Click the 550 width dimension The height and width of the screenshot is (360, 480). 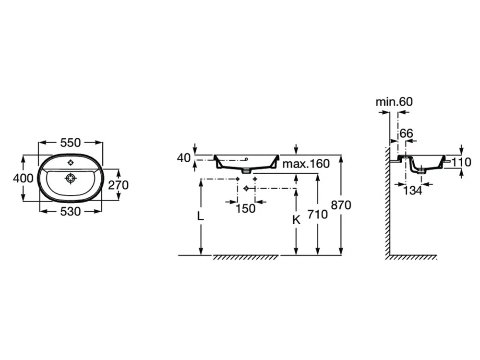pos(71,142)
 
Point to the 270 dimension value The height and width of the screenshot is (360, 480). pos(119,184)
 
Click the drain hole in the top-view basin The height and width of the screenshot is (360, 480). pos(71,178)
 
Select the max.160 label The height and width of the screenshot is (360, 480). pos(306,164)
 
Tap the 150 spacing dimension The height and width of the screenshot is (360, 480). pos(246,209)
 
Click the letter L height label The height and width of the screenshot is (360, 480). pos(201,216)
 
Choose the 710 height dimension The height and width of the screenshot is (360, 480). pos(318,214)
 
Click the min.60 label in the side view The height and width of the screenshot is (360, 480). pos(394,101)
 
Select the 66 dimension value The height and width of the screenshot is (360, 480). pos(406,133)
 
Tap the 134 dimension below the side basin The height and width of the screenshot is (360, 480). pos(412,191)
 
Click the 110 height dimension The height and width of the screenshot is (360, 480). pos(461,162)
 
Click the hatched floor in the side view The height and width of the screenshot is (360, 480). pos(413,258)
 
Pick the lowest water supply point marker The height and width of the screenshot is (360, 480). pos(246,189)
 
